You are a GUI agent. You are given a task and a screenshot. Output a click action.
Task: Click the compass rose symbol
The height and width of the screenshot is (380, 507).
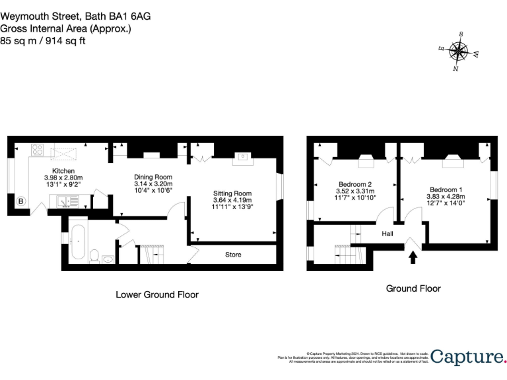459,51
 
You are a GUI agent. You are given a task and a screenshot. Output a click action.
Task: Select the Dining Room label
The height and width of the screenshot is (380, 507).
152,177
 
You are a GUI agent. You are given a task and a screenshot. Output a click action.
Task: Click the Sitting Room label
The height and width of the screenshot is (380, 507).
232,193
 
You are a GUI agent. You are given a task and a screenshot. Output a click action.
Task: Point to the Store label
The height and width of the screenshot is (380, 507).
233,255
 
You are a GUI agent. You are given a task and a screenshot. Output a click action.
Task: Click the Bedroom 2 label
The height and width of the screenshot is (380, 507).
355,184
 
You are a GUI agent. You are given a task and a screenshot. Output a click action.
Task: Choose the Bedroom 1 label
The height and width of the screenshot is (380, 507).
446,190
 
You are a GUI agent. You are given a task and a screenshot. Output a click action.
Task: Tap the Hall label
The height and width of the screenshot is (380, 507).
389,233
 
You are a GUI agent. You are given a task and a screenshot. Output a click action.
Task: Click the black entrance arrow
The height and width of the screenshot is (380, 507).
413,257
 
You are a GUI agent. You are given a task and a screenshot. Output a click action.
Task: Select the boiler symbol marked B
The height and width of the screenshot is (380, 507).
20,201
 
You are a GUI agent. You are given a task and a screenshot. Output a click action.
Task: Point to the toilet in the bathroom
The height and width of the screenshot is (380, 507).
94,255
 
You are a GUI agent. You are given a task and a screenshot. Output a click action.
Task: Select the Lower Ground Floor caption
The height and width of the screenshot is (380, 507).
156,294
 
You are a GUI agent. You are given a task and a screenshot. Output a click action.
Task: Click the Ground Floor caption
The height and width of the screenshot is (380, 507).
413,288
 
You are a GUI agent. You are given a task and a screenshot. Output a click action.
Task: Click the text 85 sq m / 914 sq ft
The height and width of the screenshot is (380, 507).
43,40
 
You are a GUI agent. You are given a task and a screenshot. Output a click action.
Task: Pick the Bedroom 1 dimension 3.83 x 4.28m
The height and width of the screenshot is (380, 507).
446,197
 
